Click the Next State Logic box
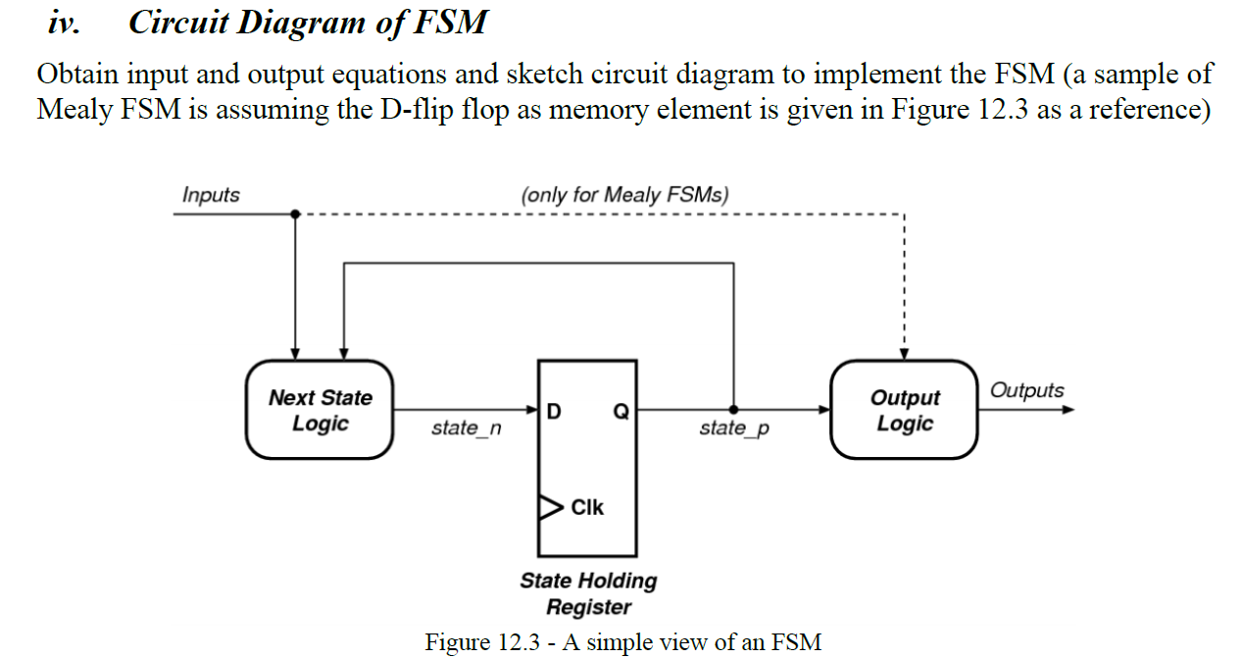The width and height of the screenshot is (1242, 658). click(x=320, y=410)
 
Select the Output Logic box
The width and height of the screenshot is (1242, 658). click(x=904, y=410)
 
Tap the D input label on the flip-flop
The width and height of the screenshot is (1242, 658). click(x=554, y=412)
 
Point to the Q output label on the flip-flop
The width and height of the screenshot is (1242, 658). click(x=620, y=412)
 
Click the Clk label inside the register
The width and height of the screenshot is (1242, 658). click(x=587, y=507)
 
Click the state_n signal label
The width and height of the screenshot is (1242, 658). click(x=466, y=429)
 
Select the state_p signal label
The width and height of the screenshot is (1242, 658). click(x=734, y=429)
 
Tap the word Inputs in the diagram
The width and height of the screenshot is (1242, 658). click(x=211, y=194)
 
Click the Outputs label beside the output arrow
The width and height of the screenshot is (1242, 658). click(x=1026, y=390)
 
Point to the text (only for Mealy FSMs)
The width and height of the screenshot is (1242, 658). click(x=625, y=194)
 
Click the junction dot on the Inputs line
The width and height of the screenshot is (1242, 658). click(x=294, y=214)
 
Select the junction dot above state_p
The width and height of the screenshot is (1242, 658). click(x=734, y=409)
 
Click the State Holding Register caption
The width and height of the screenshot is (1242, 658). click(x=588, y=592)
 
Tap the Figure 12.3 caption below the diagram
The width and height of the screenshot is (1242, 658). click(x=622, y=642)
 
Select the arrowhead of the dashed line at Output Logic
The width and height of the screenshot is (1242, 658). click(x=904, y=353)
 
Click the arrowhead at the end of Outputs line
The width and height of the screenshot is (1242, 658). click(x=1068, y=409)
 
